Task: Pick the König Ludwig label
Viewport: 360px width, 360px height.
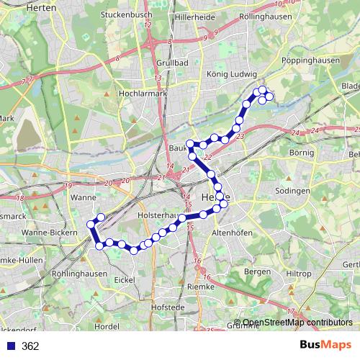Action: coord(227,73)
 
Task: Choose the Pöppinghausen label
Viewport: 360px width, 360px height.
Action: coord(312,61)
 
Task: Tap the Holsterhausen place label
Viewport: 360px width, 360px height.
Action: coord(159,215)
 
